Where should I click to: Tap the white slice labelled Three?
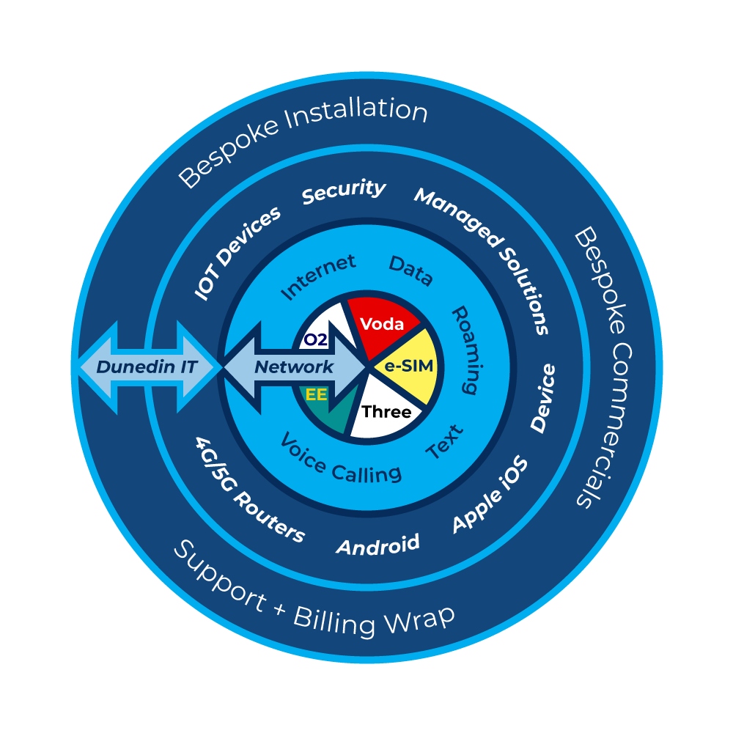386,412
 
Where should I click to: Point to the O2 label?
314,339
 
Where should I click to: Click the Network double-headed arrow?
294,366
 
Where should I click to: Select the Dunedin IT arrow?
147,366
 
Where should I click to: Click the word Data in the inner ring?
410,271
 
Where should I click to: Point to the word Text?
445,442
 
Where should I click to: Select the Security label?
344,191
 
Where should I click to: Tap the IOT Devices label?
237,252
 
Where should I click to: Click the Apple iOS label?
490,495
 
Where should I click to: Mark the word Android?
377,545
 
